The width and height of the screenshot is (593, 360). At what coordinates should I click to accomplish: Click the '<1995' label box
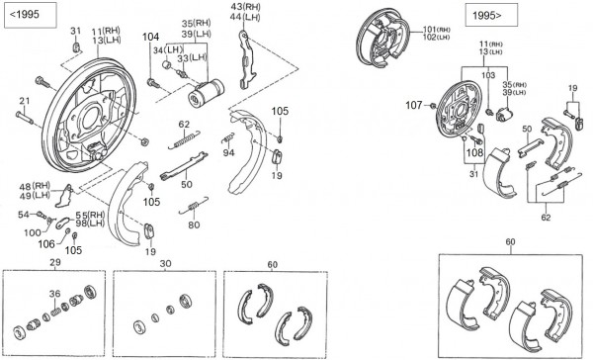31,15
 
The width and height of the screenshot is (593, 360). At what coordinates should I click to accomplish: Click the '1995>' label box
491,15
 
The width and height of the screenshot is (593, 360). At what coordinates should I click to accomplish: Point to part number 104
150,37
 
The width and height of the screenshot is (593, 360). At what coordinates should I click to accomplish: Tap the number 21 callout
24,101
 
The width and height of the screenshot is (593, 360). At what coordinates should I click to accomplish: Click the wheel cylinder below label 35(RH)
207,93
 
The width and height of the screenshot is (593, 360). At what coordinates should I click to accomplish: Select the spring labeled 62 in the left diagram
184,139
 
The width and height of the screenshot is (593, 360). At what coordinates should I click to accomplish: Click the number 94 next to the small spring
228,152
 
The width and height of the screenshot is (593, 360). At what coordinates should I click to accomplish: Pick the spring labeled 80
194,206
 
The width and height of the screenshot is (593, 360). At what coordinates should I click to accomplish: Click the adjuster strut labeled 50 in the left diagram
184,165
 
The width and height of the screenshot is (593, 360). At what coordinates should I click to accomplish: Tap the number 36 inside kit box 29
54,294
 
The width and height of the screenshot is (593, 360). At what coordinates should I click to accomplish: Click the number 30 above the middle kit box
165,263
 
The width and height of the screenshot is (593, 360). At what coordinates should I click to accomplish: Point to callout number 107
414,105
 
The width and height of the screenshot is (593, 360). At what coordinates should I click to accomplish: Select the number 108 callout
474,152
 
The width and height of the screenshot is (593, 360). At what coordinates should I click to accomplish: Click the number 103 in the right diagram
488,75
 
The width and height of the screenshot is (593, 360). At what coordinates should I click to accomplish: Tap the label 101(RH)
437,29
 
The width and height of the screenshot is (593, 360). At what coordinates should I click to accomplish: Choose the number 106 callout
46,244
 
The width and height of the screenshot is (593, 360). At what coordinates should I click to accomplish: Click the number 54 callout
24,215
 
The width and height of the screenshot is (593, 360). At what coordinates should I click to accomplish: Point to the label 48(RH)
35,186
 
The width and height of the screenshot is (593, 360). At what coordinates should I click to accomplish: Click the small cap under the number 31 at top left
76,47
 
